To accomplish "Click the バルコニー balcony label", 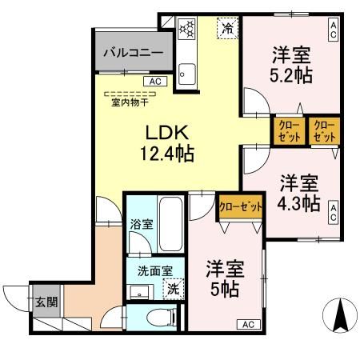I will point(133,54).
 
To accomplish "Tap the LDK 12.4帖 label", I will point(166,142).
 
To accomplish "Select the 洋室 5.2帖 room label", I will point(291,66).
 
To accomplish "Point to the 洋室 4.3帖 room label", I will point(300,192).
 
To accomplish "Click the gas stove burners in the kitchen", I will point(186,30).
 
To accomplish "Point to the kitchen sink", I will point(187,76).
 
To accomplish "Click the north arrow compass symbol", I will point(338,315).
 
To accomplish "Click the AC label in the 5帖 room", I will point(248,324).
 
